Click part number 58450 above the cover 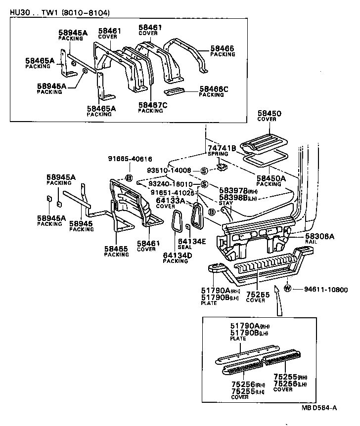[x=269, y=113]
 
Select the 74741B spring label [x=222, y=148]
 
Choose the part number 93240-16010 [x=171, y=184]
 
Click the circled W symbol [x=287, y=289]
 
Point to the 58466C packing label [x=215, y=89]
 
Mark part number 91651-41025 [x=171, y=192]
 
